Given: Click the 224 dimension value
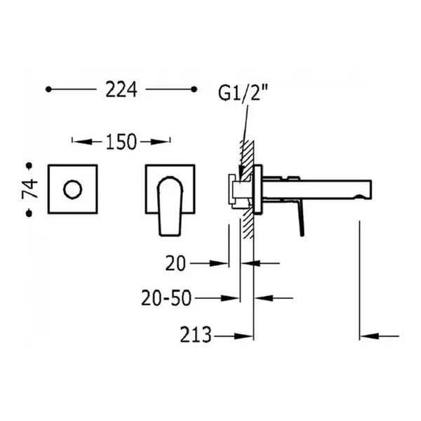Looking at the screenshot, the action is coord(121,89).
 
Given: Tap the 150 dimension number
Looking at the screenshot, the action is coord(121,142).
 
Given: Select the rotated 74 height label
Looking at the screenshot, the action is coord(29,189).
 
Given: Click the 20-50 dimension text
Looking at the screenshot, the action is coord(166,298).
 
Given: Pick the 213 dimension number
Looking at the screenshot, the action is coord(196,335).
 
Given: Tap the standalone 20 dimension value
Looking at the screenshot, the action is coord(175,263).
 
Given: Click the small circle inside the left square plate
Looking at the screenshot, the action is coord(72,189).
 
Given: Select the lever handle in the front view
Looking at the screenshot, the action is coord(170,206).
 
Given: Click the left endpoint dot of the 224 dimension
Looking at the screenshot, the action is coord(48,89).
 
